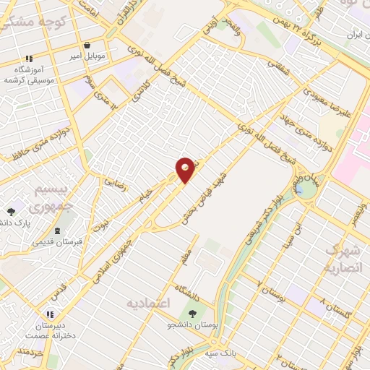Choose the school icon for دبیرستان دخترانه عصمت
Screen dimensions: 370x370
point(50,315)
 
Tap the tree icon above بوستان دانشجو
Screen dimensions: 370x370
point(193,314)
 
